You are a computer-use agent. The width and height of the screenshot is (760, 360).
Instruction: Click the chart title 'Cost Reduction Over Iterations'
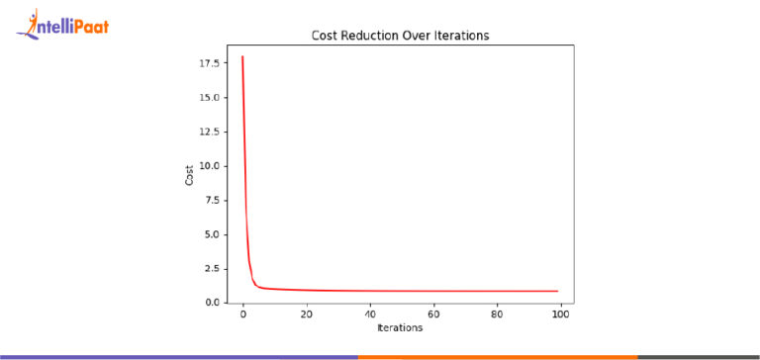pos(401,36)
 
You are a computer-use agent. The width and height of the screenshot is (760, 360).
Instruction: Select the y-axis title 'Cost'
pos(189,176)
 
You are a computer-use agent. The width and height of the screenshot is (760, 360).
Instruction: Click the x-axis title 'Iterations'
pos(400,327)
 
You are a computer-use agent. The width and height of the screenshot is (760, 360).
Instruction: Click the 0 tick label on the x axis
pos(242,315)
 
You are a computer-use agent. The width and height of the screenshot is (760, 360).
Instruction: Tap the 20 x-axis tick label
pos(306,315)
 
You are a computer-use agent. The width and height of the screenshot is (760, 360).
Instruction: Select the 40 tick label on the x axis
pos(369,315)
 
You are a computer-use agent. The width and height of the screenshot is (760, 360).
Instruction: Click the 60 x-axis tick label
pos(433,315)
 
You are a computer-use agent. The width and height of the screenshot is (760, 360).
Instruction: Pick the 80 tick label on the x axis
pos(497,315)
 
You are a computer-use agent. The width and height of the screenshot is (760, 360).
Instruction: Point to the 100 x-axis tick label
pos(560,315)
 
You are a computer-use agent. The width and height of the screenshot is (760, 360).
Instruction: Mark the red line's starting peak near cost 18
pos(242,57)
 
